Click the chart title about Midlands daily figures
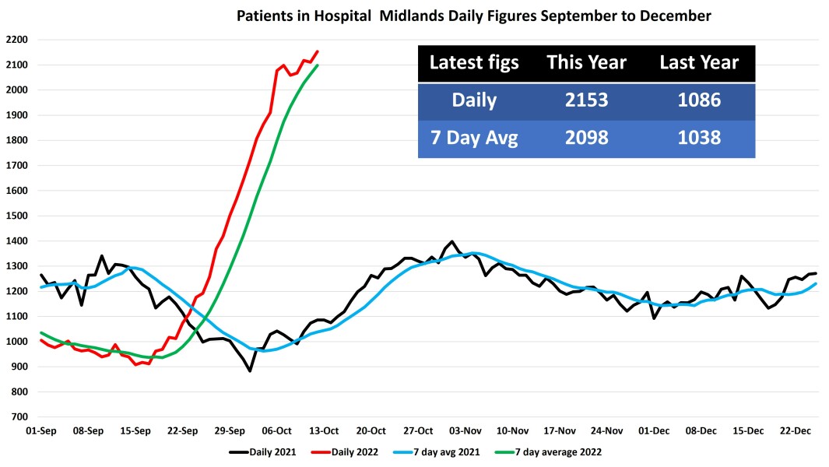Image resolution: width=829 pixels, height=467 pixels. (x=474, y=16)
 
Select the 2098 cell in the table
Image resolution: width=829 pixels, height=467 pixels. (x=586, y=139)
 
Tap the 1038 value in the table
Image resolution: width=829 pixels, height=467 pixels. (x=698, y=139)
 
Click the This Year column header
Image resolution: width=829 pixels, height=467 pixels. (x=586, y=63)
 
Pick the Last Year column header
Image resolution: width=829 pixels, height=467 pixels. (x=698, y=63)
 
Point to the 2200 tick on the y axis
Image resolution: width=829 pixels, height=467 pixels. (x=16, y=40)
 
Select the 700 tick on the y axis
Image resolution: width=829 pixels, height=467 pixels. (x=19, y=417)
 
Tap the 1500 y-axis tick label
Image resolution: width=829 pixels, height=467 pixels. (x=16, y=216)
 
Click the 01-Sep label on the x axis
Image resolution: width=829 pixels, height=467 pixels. (x=40, y=430)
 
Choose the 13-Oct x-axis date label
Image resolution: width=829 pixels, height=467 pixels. (x=324, y=430)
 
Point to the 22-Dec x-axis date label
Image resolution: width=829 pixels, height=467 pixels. (x=796, y=430)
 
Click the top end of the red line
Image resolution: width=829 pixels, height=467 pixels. (x=318, y=51)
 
